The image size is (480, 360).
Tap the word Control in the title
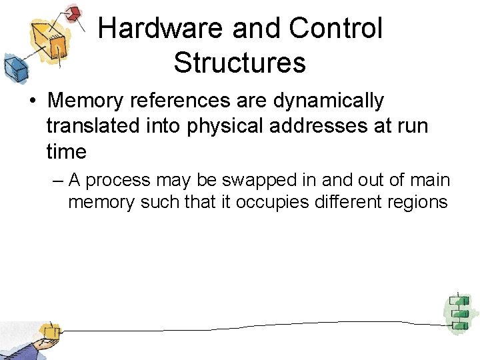pos(336,29)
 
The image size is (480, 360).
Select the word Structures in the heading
pos(239,63)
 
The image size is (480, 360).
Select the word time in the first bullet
pos(67,151)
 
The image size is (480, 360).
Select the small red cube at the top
pos(73,13)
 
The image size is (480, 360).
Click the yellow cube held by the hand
pos(48,331)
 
